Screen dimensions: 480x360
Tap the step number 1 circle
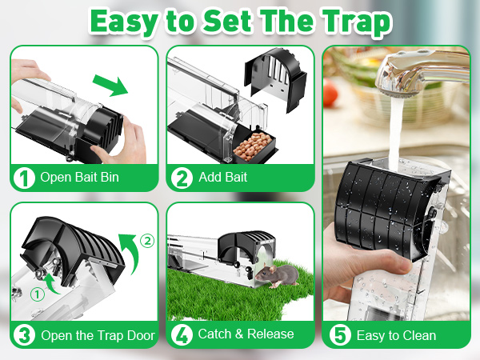coord(24,178)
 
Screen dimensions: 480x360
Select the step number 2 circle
coord(182,178)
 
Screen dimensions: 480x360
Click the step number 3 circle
coord(24,335)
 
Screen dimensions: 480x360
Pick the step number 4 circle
coord(182,335)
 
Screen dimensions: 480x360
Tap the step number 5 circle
coord(340,335)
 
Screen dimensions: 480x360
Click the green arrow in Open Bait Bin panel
coord(110,85)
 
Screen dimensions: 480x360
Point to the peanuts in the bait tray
coord(252,146)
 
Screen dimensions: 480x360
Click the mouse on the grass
coord(277,275)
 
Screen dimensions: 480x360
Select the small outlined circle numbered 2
coord(147,242)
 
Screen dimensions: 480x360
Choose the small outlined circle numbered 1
coord(38,294)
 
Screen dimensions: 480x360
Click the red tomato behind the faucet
coord(330,93)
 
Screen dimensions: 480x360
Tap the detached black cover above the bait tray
coord(275,79)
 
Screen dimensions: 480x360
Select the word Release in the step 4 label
coord(270,334)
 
